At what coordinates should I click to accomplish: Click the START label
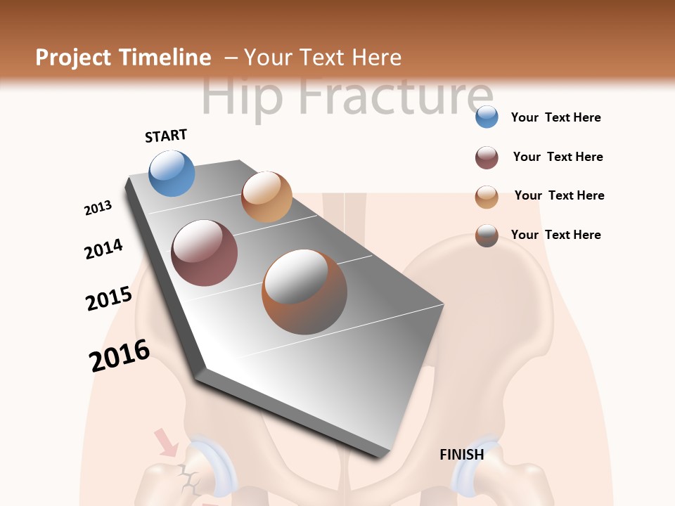pos(166,136)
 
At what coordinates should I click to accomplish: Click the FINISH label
pos(461,455)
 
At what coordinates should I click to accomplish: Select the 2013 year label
pos(98,208)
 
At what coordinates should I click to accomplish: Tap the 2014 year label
pos(103,249)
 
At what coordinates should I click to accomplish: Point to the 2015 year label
pos(108,298)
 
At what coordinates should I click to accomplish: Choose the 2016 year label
pos(120,356)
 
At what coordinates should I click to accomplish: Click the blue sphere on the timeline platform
pos(172,173)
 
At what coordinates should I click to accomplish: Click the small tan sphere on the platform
pos(266,197)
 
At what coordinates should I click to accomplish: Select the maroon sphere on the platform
pos(204,253)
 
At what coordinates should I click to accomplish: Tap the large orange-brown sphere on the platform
pos(304,292)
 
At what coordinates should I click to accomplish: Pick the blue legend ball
pos(487,117)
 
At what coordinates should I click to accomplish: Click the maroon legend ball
pos(487,157)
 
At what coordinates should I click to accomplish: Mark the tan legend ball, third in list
pos(487,197)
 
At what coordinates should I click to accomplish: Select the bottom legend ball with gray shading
pos(487,235)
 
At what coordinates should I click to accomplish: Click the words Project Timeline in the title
pos(123,58)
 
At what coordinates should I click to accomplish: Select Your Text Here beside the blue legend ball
pos(555,117)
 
